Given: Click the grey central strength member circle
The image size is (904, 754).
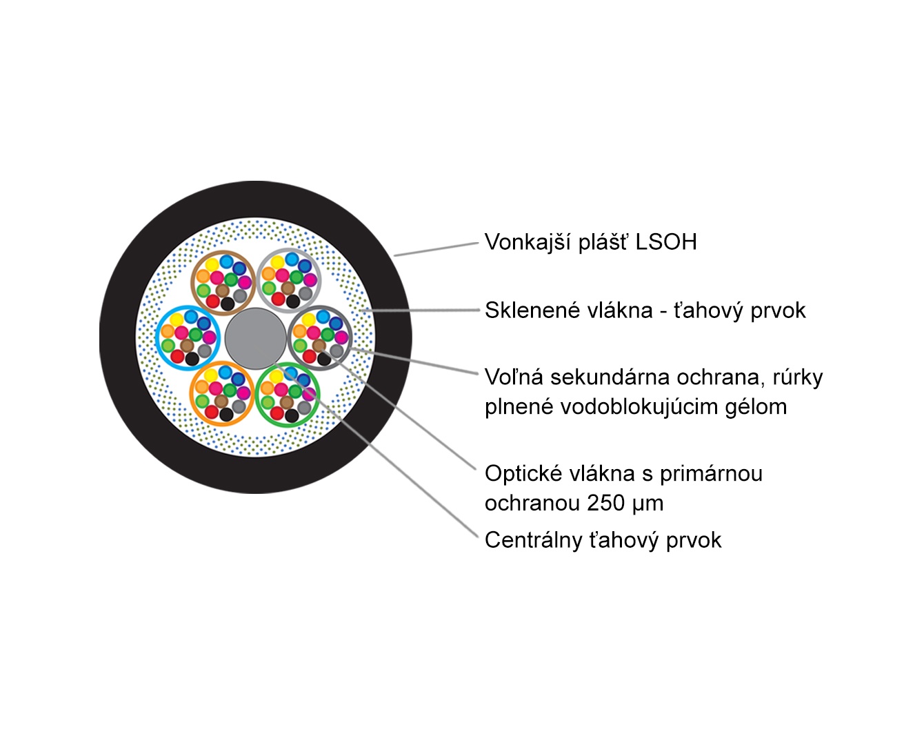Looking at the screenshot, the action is pyautogui.click(x=255, y=339).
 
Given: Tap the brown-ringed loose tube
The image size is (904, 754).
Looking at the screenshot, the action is pyautogui.click(x=223, y=283).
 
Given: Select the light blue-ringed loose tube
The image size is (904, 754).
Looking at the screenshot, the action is pyautogui.click(x=188, y=338).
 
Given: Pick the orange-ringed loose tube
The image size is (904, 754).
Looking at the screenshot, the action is pyautogui.click(x=221, y=394).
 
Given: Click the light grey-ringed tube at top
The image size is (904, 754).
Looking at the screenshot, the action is pyautogui.click(x=289, y=281).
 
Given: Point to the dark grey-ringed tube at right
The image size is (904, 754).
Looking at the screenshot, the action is pyautogui.click(x=321, y=338).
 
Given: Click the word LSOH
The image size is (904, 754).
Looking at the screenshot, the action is pyautogui.click(x=666, y=241).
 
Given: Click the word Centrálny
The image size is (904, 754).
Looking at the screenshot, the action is pyautogui.click(x=533, y=540).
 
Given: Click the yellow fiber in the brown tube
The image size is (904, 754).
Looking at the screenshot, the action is pyautogui.click(x=212, y=264).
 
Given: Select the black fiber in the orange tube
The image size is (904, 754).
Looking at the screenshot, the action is pyautogui.click(x=226, y=415).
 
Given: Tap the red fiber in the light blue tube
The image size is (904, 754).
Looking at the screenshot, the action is pyautogui.click(x=177, y=357).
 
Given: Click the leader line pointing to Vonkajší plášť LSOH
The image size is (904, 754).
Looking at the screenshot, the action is pyautogui.click(x=436, y=250).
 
